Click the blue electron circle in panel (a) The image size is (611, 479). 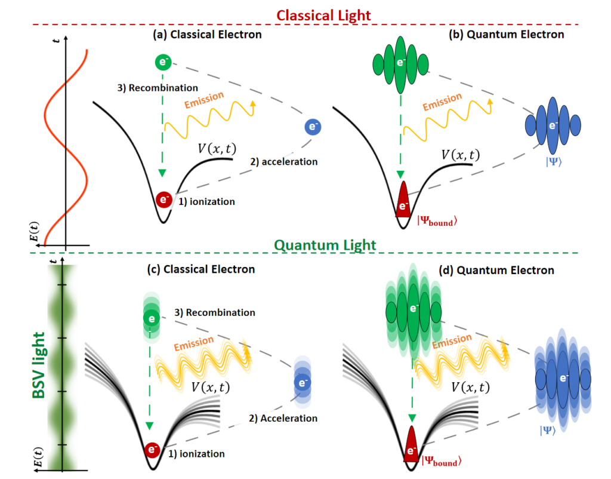pyautogui.click(x=312, y=127)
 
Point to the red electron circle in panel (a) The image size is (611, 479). pyautogui.click(x=164, y=200)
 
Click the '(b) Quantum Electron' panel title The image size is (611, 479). pyautogui.click(x=506, y=35)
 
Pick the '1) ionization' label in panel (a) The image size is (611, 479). pyautogui.click(x=206, y=202)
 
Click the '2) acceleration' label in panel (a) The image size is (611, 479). pyautogui.click(x=283, y=161)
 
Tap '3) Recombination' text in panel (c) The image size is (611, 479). pyautogui.click(x=215, y=313)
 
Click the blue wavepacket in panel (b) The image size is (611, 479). pyautogui.click(x=553, y=125)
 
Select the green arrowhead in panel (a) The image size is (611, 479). pyautogui.click(x=162, y=174)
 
